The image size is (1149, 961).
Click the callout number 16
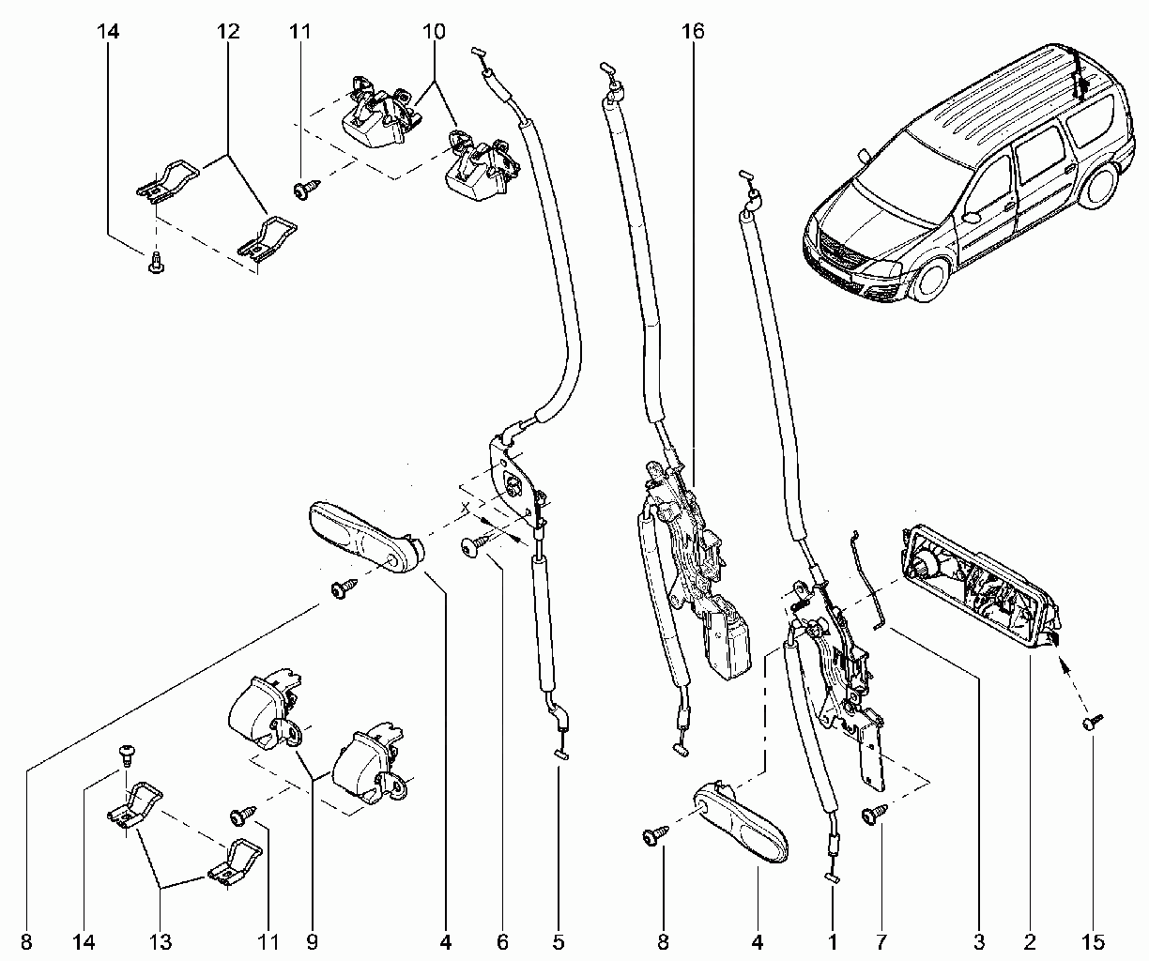tap(693, 31)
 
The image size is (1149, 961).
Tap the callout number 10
tap(434, 31)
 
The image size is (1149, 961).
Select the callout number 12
tap(228, 31)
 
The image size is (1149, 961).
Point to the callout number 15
tap(1093, 942)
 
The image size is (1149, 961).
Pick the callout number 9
tap(312, 942)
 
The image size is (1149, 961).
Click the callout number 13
tap(161, 942)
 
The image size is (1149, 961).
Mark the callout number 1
tap(833, 942)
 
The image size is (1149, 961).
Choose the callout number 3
tap(979, 942)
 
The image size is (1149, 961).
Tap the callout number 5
tap(559, 942)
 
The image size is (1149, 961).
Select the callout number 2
tap(1030, 942)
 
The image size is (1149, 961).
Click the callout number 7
tap(881, 942)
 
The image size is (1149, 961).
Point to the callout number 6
tap(502, 942)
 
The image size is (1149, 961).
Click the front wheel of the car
tap(929, 279)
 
